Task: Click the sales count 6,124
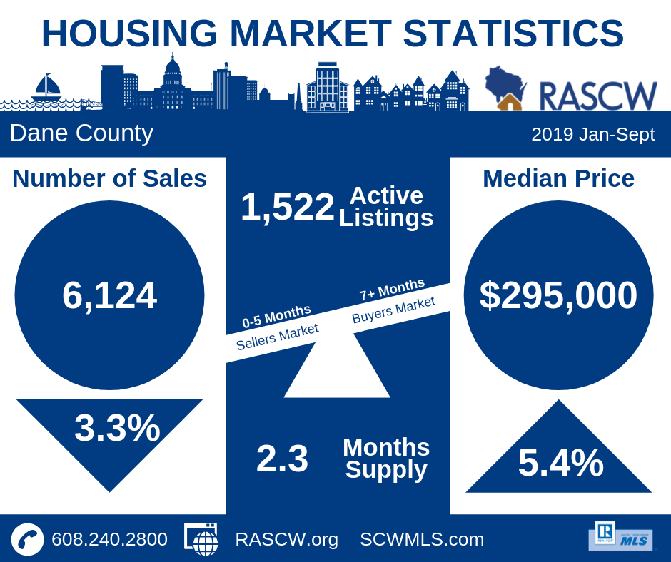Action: (x=109, y=295)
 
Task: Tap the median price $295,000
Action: (x=558, y=295)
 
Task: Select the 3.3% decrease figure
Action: (x=117, y=428)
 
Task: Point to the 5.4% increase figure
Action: (x=560, y=463)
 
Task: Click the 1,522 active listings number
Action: (x=287, y=208)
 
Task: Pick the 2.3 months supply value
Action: (x=282, y=459)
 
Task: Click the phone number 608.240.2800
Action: (x=109, y=539)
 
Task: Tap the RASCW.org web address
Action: (x=286, y=539)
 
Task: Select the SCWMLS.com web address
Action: (x=422, y=539)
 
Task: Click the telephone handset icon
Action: (x=27, y=539)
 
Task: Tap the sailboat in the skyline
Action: (x=47, y=89)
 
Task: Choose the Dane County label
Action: (x=81, y=133)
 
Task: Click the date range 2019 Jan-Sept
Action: (x=592, y=134)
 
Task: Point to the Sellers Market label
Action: (x=277, y=336)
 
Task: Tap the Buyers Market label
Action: (x=393, y=310)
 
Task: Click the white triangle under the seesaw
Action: (x=337, y=373)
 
